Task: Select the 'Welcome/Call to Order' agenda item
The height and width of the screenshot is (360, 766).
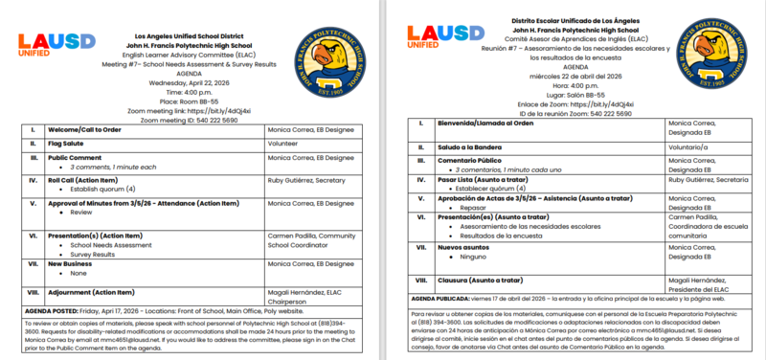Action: point(89,128)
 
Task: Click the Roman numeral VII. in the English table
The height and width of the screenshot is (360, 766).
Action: point(33,262)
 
